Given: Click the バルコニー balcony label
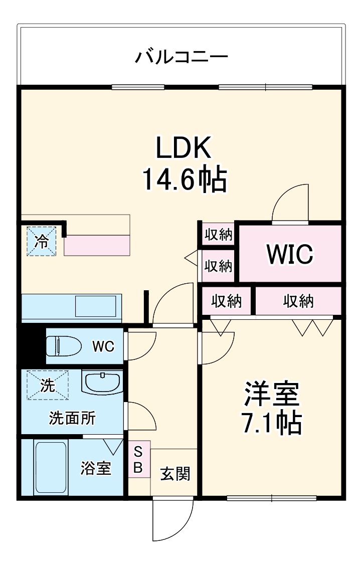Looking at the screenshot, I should pos(181,57).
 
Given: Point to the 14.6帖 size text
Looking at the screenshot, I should pos(185,179).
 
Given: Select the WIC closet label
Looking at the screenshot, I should pos(290,254).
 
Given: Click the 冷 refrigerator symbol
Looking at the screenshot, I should pos(41,242).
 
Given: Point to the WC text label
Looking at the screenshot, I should pos(103,346).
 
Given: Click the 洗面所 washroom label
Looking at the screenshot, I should pos(72,418).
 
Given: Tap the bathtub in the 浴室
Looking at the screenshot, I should pos(50,467).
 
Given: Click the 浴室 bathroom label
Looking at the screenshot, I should pos(96,469).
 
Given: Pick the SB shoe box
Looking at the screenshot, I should pos(138,460).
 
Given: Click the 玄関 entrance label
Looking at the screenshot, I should pos(175,474).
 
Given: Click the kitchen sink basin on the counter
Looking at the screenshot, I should pos(97,306).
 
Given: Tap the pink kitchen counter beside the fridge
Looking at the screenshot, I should pos(97,246).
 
